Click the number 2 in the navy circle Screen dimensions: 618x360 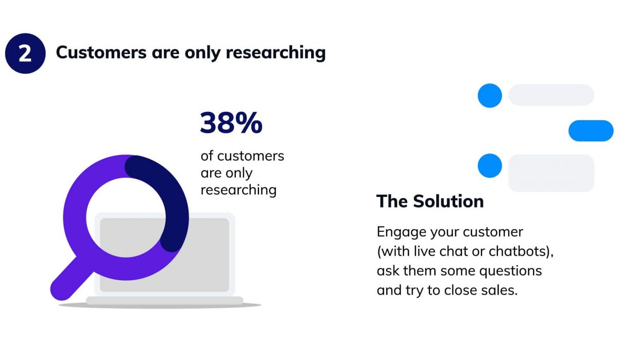[x=25, y=54]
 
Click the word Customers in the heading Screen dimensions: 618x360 [x=101, y=52]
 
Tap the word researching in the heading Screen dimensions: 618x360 [x=276, y=53]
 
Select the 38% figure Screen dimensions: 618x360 [x=231, y=123]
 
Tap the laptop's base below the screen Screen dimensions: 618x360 [x=164, y=301]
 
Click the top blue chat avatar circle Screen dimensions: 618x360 [x=490, y=95]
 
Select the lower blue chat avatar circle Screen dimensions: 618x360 [x=490, y=165]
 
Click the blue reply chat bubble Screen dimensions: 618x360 [x=591, y=130]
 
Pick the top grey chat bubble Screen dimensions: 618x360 [x=551, y=95]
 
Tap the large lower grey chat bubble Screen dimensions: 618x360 [x=551, y=173]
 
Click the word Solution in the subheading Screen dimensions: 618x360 [x=449, y=201]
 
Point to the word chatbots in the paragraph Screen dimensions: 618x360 [x=518, y=251]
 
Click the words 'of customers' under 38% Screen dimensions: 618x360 [x=242, y=156]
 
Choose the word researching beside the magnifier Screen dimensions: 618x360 [x=238, y=191]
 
